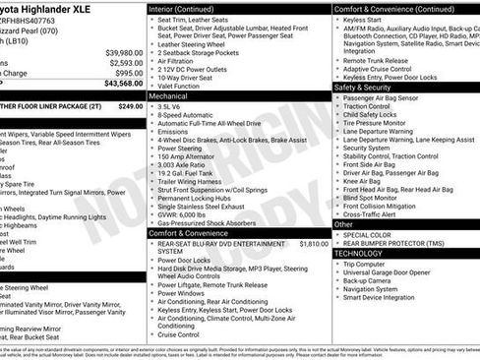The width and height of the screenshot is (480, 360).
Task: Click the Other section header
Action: pyautogui.click(x=344, y=224)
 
